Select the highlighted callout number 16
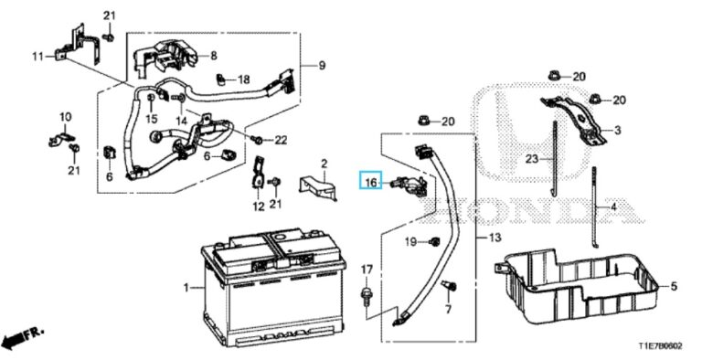click(x=370, y=184)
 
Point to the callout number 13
click(x=494, y=238)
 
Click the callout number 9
click(x=321, y=65)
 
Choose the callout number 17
click(x=367, y=269)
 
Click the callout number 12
click(x=257, y=206)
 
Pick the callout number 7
click(x=448, y=310)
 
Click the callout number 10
click(x=65, y=117)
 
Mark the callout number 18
click(x=243, y=80)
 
